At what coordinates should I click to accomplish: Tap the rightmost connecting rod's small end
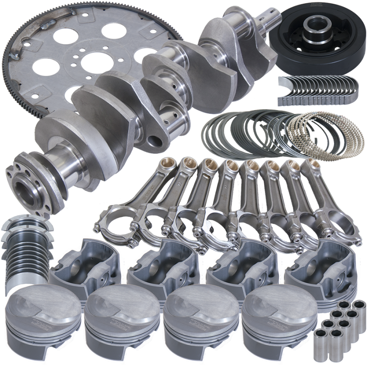pyautogui.click(x=306, y=166)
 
